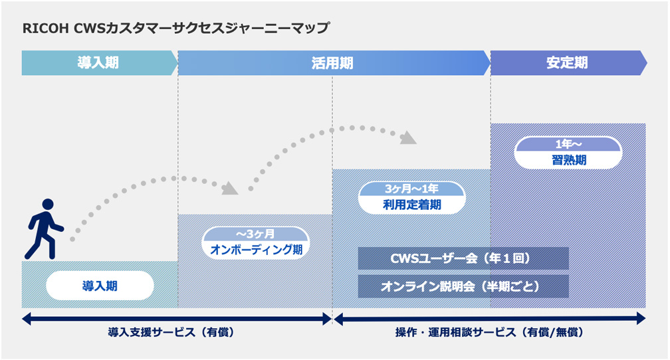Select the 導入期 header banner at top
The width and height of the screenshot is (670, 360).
(x=98, y=63)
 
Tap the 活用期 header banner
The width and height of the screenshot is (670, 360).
(x=332, y=63)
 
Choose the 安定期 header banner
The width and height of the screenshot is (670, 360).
(x=567, y=63)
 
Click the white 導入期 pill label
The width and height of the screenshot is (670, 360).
(x=100, y=286)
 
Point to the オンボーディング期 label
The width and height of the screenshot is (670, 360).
(x=255, y=250)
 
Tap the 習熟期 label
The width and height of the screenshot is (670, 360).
(x=568, y=160)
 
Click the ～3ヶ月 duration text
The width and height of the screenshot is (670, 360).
(x=255, y=234)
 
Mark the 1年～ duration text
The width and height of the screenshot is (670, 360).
(x=568, y=145)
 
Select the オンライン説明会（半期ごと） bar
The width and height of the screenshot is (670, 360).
(x=463, y=286)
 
